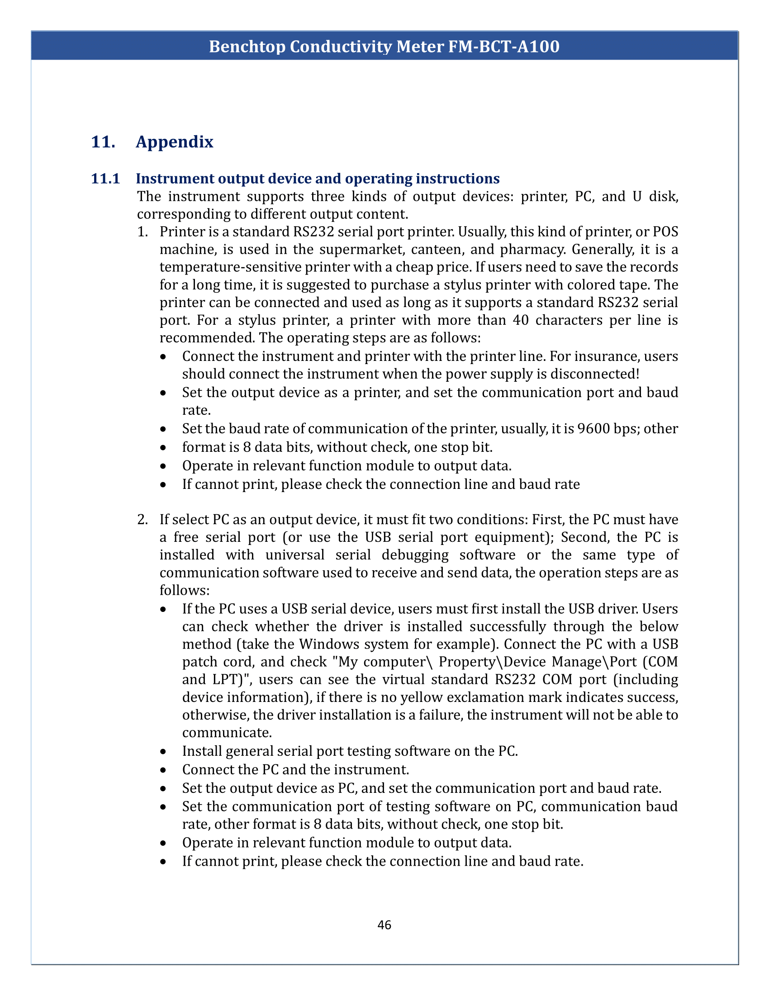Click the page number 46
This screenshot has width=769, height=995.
click(x=384, y=925)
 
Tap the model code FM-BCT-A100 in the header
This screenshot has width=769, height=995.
click(x=504, y=47)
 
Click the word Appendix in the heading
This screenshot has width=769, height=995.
click(x=175, y=142)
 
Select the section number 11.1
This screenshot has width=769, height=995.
click(x=105, y=179)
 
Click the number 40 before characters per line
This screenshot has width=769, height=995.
click(x=521, y=320)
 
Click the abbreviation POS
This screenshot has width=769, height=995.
click(x=665, y=232)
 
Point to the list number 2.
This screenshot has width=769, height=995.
click(x=142, y=520)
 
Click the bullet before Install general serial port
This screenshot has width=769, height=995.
click(x=164, y=751)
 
